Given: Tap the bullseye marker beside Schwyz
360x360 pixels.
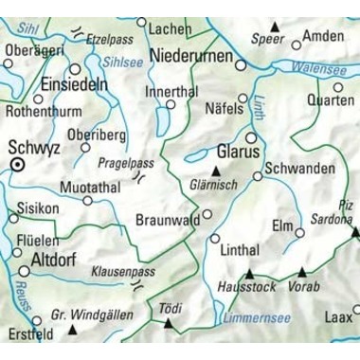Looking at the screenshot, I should [x=17, y=166].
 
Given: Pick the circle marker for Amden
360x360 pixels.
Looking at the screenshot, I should [x=296, y=44].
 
